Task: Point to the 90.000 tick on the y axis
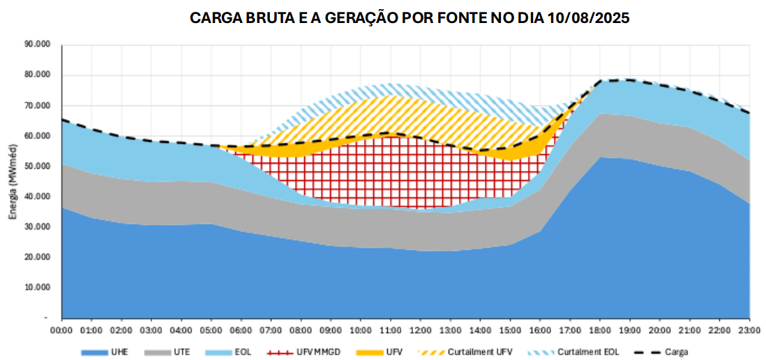click(38, 44)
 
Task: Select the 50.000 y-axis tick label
click(38, 166)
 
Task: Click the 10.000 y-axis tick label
click(38, 287)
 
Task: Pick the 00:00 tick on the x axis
click(62, 329)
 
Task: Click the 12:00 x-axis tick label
click(421, 329)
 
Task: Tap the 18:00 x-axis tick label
click(600, 329)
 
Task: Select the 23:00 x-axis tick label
click(749, 329)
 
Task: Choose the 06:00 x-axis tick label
click(241, 329)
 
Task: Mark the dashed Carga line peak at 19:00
click(630, 80)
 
